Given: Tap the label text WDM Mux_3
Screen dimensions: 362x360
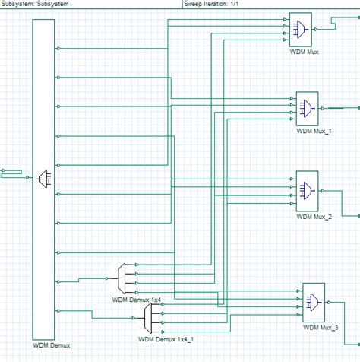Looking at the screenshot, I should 321,328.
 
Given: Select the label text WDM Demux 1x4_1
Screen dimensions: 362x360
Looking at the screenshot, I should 166,339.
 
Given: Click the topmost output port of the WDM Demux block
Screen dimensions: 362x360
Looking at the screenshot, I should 58,49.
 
